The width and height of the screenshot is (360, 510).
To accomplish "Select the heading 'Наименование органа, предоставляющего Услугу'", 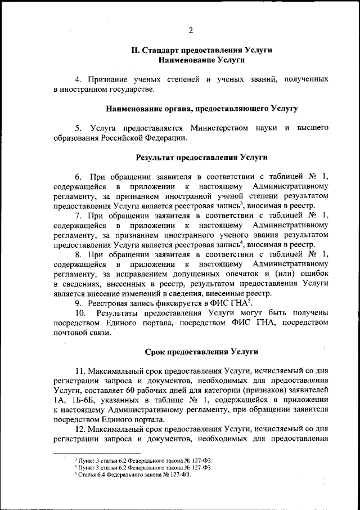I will [x=201, y=108].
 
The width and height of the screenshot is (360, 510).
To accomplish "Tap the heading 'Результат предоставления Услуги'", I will [x=201, y=157].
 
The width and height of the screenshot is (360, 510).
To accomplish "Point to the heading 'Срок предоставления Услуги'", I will [x=201, y=351].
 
